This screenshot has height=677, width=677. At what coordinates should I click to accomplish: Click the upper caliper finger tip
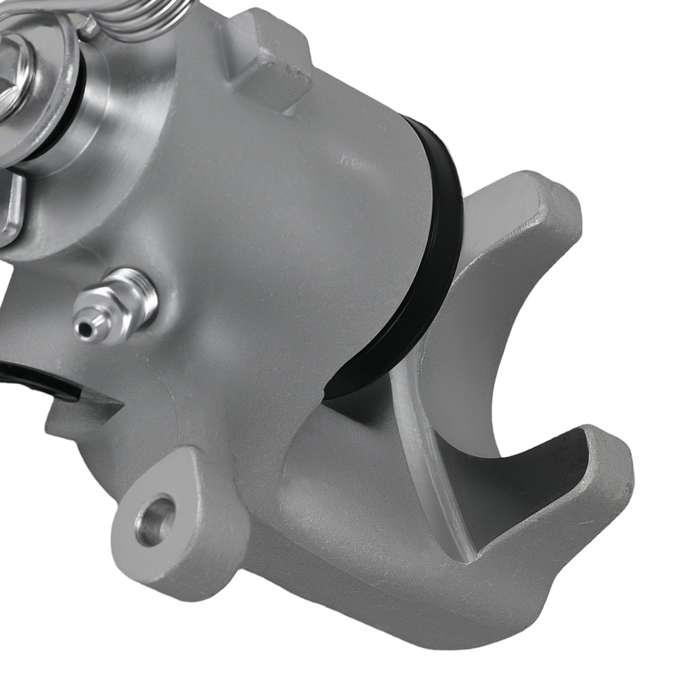tap(542, 203)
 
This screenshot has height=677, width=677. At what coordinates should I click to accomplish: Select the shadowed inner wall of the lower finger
tap(535, 487)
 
